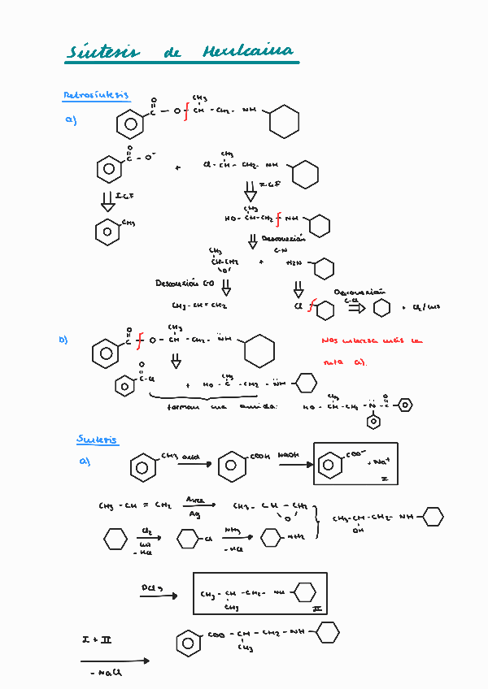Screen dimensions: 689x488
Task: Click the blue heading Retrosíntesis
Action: [96, 95]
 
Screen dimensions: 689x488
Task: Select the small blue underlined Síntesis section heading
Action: [97, 440]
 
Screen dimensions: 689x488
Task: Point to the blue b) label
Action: [63, 340]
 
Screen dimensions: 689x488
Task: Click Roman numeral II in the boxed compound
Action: [316, 607]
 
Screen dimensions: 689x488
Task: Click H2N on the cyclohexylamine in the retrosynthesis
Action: [294, 262]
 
